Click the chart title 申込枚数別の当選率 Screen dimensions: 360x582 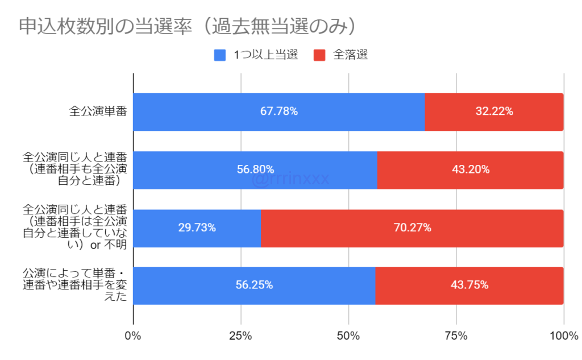188,26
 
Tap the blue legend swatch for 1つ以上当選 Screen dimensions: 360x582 220,55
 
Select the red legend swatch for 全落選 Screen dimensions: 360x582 319,55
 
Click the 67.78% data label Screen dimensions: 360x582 279,111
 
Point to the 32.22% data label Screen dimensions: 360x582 494,111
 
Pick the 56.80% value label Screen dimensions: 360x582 255,169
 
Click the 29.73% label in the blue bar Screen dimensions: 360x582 197,227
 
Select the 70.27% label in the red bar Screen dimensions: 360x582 413,227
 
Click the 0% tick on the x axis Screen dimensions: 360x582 133,336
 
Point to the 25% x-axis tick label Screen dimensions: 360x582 241,336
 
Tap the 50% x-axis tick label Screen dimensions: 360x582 348,336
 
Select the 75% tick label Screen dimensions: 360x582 456,336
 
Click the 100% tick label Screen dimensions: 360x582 563,336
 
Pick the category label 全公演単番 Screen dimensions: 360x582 97,111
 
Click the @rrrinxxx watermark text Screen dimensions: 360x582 290,180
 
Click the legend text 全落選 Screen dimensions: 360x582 351,55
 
